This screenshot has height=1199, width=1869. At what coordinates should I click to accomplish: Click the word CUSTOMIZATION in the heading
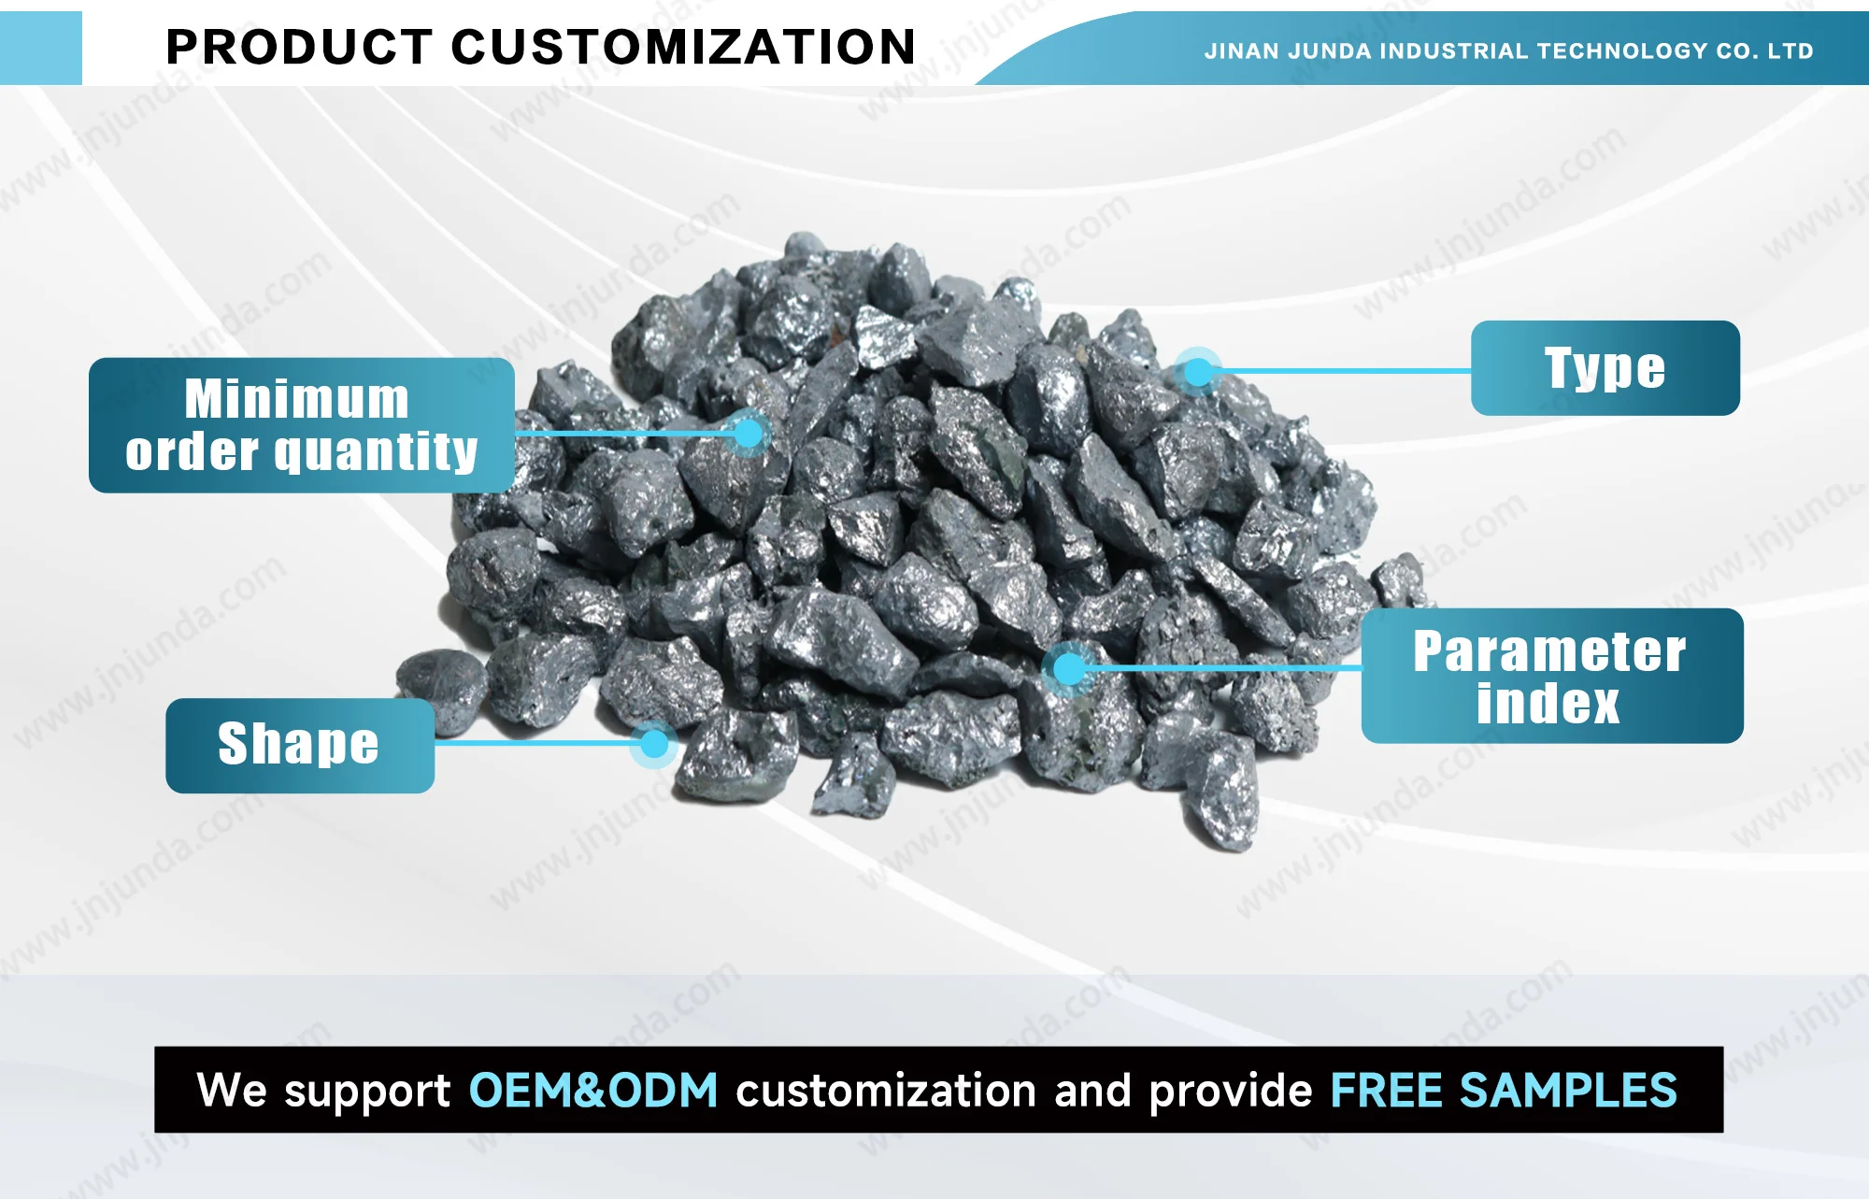coord(683,47)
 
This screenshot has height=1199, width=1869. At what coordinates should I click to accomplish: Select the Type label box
coord(1605,368)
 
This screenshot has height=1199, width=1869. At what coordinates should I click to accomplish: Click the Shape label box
coord(299,745)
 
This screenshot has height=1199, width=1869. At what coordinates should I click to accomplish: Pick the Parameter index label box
coord(1551,676)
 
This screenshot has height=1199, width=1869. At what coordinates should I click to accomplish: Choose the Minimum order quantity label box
coord(301,425)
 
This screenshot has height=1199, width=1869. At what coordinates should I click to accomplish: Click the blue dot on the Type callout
coord(1198,372)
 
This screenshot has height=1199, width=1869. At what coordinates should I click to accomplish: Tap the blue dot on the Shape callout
coord(654,744)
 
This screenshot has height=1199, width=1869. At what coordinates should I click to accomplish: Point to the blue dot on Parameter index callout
coord(1068,668)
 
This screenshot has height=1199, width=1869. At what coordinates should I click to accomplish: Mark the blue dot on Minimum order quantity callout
coord(748,433)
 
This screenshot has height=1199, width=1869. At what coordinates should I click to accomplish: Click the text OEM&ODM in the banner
coord(592,1091)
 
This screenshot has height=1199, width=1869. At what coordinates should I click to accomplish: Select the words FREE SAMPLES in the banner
coord(1503,1091)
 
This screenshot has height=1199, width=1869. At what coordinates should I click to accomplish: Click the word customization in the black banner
coord(885,1091)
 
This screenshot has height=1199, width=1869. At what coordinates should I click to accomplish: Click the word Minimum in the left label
coord(296,399)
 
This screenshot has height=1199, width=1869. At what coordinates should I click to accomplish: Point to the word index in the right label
coord(1548,704)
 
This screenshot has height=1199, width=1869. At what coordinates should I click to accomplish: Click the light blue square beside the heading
coord(41,48)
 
